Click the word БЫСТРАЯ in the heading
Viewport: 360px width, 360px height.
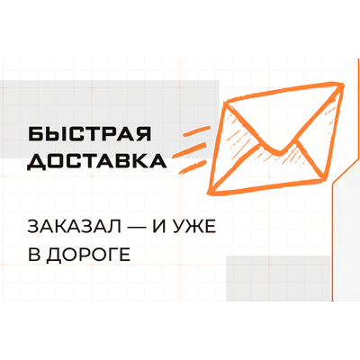(90, 134)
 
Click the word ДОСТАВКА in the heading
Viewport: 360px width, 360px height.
(97, 162)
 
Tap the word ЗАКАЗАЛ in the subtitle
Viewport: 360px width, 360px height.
(75, 227)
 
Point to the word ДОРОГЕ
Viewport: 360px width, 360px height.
(89, 255)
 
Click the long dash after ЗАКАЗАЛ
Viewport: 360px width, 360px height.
(137, 228)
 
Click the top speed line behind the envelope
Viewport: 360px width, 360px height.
(196, 131)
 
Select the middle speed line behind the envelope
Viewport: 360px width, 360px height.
(191, 150)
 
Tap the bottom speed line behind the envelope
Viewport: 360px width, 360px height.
(193, 166)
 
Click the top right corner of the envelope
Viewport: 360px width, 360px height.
(342, 85)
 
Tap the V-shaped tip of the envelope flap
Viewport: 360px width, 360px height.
(280, 152)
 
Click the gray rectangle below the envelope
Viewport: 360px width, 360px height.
(278, 278)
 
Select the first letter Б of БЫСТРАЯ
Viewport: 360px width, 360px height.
(36, 134)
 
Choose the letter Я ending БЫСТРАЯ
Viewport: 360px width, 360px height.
(144, 134)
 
